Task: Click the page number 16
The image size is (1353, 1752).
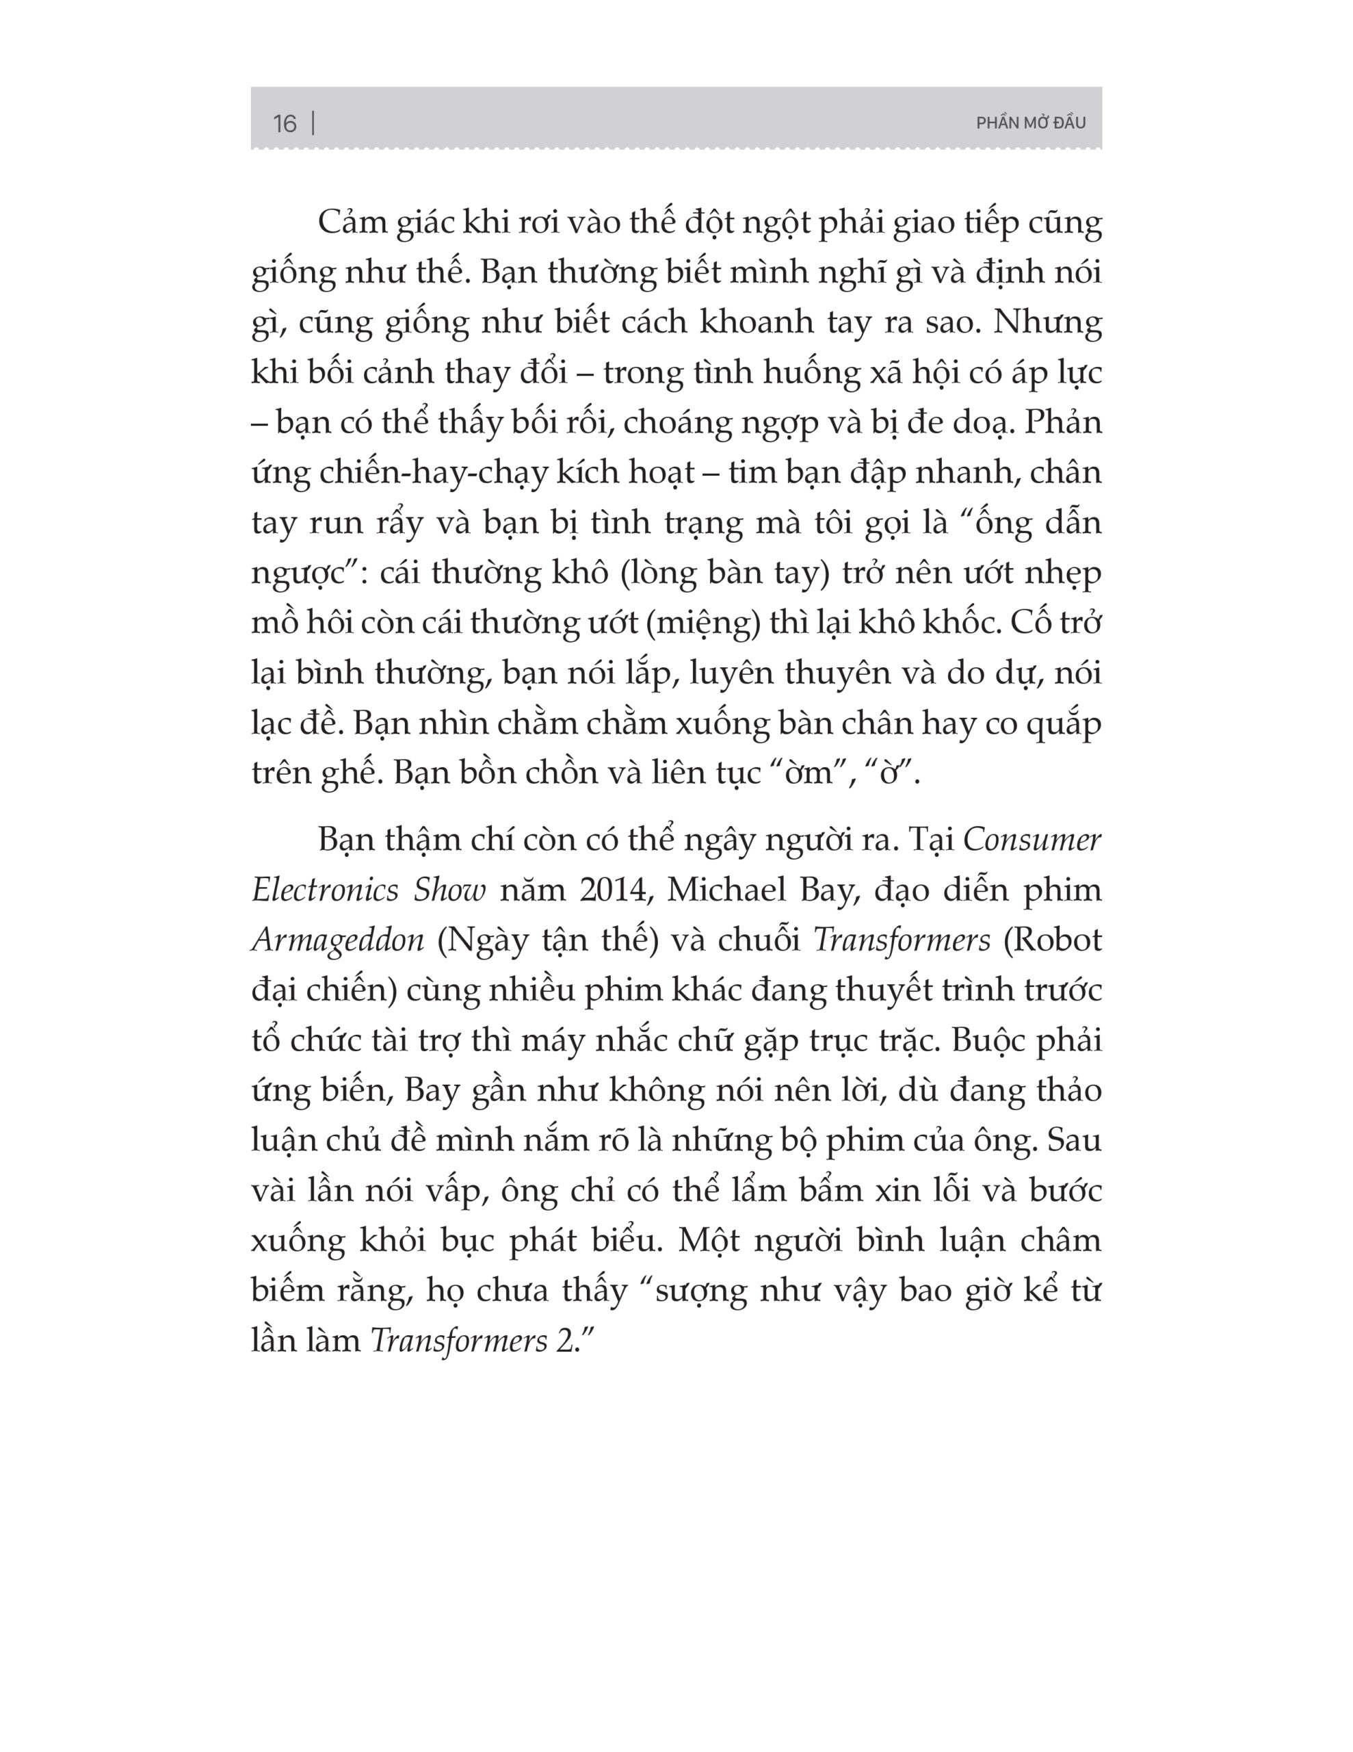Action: (x=284, y=124)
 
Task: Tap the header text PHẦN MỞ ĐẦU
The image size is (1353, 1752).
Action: (x=1031, y=123)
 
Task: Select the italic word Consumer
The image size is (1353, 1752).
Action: (x=1032, y=840)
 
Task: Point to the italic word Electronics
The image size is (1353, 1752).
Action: (x=326, y=890)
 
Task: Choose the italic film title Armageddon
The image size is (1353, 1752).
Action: (x=338, y=940)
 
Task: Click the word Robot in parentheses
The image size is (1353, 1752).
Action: (x=1053, y=940)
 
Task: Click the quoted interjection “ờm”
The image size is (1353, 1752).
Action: (x=804, y=773)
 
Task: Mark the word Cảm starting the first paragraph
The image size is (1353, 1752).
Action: (x=352, y=223)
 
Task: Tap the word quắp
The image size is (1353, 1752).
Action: (x=1065, y=724)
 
